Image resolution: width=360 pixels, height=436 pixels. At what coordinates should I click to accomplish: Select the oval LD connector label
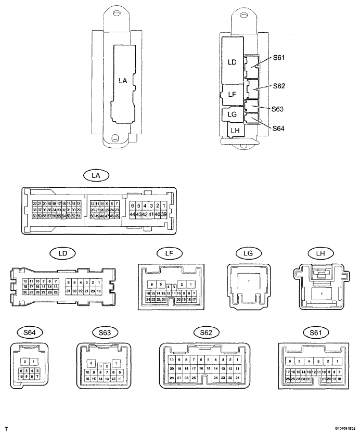click(62, 253)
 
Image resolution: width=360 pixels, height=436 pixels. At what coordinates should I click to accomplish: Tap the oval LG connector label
click(241, 253)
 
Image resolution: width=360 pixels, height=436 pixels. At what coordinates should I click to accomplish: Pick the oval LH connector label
click(316, 253)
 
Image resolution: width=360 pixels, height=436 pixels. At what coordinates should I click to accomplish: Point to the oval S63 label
click(98, 331)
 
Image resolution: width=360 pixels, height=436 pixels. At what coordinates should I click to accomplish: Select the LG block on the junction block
click(232, 113)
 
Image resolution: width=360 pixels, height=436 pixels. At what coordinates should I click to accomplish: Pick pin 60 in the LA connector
click(35, 216)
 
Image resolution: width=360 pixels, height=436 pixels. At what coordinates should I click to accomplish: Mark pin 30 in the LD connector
click(25, 292)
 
